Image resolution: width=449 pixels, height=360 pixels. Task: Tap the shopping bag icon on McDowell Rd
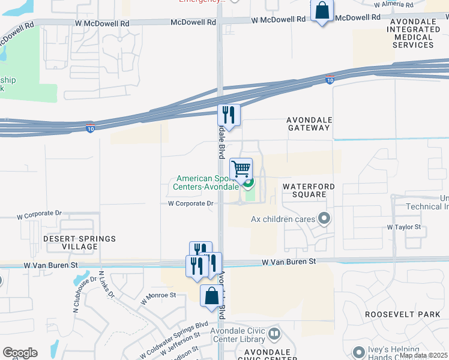tap(322, 10)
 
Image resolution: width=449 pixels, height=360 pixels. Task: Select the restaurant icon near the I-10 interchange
tap(229, 114)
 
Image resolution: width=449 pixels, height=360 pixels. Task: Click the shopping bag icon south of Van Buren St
tap(211, 296)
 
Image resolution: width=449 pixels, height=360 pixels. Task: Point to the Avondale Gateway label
tap(309, 124)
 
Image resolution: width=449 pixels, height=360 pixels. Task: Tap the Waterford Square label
tap(309, 190)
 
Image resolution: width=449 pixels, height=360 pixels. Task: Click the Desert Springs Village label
tap(79, 242)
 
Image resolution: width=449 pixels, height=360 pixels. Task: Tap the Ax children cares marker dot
tap(325, 218)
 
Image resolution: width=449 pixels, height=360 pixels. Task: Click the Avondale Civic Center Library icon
tap(274, 333)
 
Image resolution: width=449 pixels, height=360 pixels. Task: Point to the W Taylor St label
tap(404, 227)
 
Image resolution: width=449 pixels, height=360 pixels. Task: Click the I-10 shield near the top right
tap(330, 79)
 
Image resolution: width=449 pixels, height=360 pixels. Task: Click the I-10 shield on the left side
tap(90, 128)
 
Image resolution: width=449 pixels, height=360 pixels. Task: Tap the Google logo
tap(20, 353)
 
